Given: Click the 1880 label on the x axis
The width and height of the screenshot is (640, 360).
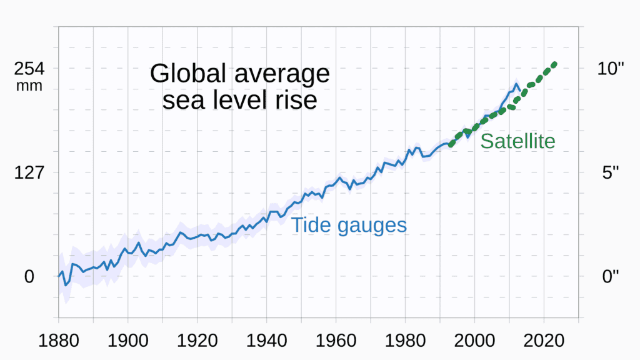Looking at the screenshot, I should (59, 342).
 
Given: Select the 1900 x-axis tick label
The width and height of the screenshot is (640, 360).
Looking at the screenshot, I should (128, 342).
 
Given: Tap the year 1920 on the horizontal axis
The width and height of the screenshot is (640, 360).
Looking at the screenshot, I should (197, 342).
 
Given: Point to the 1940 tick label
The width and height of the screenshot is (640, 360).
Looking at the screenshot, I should (267, 342).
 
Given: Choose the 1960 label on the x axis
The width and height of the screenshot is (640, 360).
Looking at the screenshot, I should (336, 342).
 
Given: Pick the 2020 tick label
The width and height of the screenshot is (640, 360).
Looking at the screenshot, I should (544, 342).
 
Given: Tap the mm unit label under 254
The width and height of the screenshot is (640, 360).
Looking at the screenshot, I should (29, 86).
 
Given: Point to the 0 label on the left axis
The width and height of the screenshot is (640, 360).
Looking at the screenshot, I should (29, 276).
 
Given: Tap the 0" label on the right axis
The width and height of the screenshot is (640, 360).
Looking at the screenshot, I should (610, 276).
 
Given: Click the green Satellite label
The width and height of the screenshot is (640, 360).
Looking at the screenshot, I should (517, 141).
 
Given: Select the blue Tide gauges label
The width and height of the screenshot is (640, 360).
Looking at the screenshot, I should (349, 225).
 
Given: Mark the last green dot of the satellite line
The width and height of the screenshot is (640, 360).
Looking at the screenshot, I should (554, 64).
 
